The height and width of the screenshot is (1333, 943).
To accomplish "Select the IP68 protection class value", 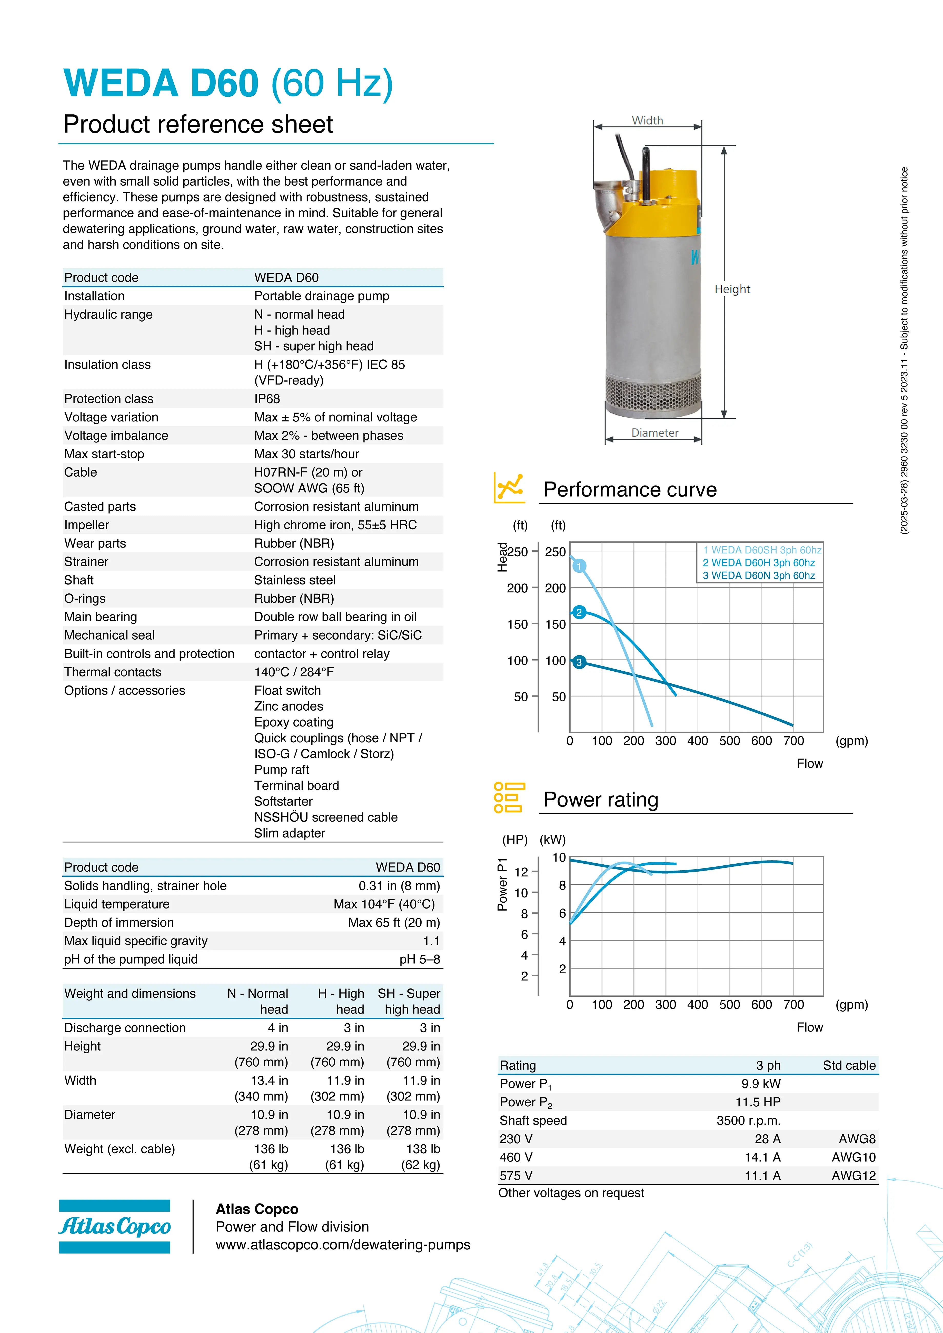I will pos(267,399).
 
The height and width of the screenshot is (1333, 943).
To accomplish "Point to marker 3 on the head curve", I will pos(578,662).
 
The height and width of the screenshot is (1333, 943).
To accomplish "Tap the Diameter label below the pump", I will pos(654,433).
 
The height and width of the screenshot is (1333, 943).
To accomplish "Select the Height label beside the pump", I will pos(732,289).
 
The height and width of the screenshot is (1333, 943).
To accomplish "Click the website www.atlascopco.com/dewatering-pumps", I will pos(343,1245).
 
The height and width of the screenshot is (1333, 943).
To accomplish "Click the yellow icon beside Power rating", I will pos(509,798).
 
